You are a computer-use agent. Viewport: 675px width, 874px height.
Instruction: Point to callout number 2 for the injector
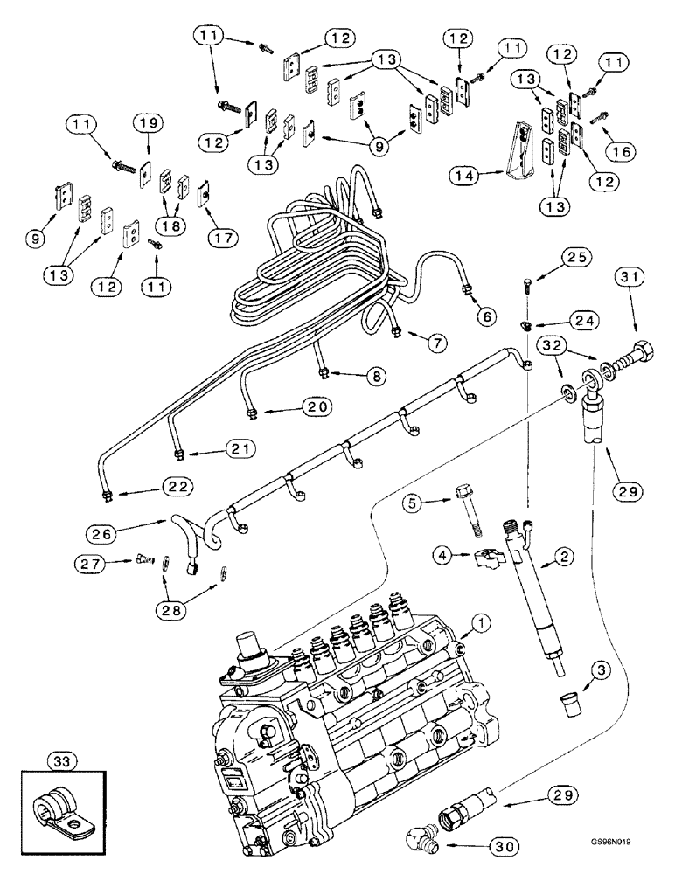coord(567,555)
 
